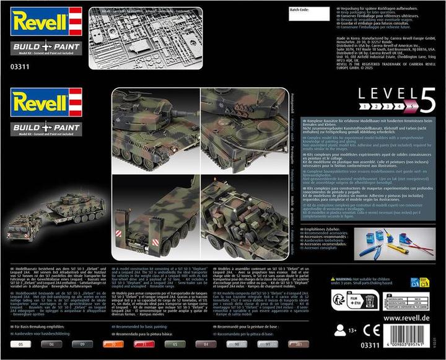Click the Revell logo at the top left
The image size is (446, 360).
click(41, 20)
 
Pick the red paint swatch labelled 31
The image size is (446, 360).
click(141, 344)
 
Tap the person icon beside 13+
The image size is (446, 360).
click(339, 331)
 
